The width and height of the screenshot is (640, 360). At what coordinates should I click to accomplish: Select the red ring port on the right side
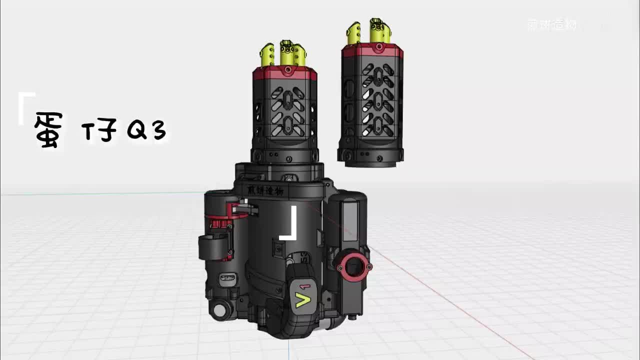(354, 267)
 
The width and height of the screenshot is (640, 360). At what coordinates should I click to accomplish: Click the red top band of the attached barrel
(285, 74)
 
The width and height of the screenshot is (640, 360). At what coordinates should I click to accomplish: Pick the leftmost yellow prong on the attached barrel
(267, 55)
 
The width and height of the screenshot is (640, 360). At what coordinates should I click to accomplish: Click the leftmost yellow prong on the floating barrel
(353, 33)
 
